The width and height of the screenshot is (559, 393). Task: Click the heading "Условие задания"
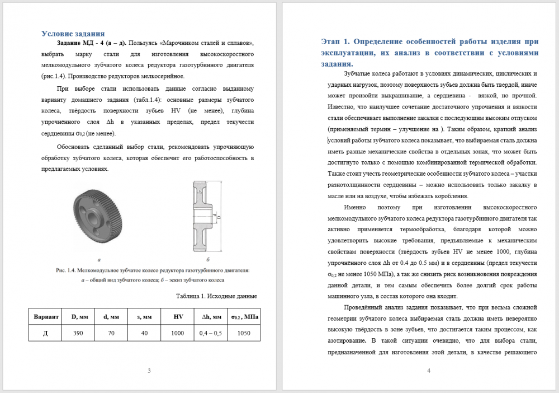[x=73, y=34]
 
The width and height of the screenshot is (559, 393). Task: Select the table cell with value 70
[x=111, y=333]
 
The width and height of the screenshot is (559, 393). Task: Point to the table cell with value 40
[x=144, y=333]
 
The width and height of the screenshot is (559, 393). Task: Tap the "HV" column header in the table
[x=178, y=317]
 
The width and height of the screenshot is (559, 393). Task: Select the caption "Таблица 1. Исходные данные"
[x=216, y=296]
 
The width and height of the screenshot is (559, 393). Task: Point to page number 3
[x=149, y=371]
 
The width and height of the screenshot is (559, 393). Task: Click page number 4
[x=428, y=371]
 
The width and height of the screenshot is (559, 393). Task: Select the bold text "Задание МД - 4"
[x=84, y=43]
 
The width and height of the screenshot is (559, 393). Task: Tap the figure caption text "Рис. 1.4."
[x=68, y=271]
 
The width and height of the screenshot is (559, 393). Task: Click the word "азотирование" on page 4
[x=346, y=340]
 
